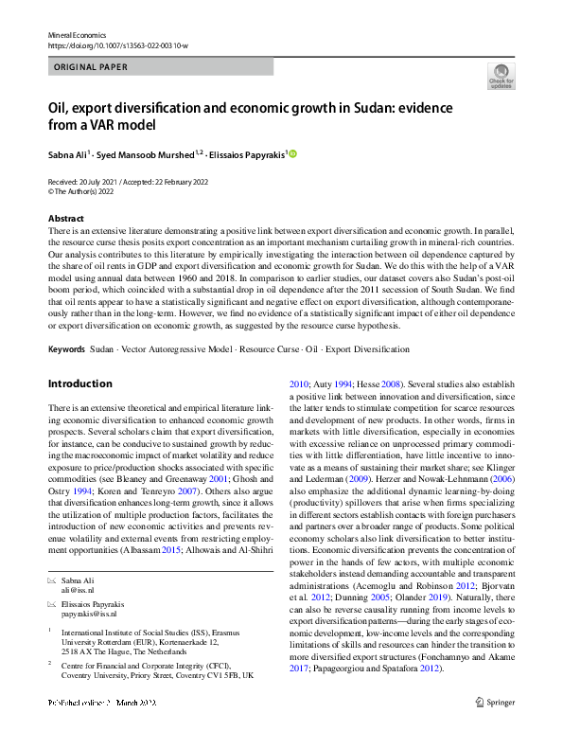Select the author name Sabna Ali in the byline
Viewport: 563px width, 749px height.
point(67,153)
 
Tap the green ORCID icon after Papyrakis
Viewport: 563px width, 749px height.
point(293,153)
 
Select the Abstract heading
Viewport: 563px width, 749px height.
point(65,219)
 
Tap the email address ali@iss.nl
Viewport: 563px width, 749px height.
point(79,589)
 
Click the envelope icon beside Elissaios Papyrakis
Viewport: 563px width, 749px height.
point(51,602)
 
